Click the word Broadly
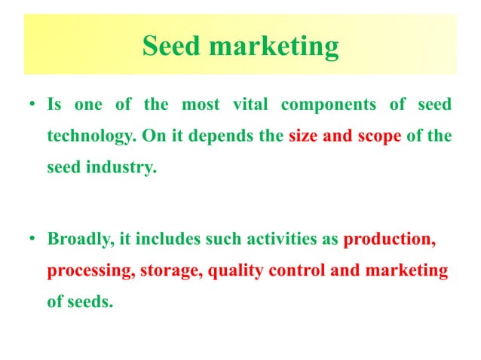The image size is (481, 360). pyautogui.click(x=77, y=240)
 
